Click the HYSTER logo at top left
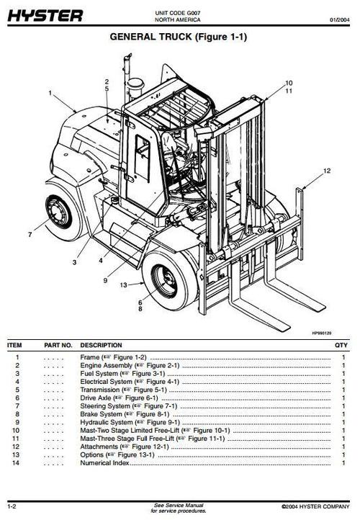coord(45,15)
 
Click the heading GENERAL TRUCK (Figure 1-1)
coord(178,37)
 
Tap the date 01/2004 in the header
coord(341,19)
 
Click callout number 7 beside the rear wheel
coord(30,234)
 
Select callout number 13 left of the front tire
coord(123,285)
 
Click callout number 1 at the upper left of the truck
coord(50,93)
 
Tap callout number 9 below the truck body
coord(105,279)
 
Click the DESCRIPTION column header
coord(101,346)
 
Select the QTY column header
coord(341,346)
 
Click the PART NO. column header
coord(58,346)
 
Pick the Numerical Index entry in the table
coord(105,463)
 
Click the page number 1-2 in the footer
coord(13,507)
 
